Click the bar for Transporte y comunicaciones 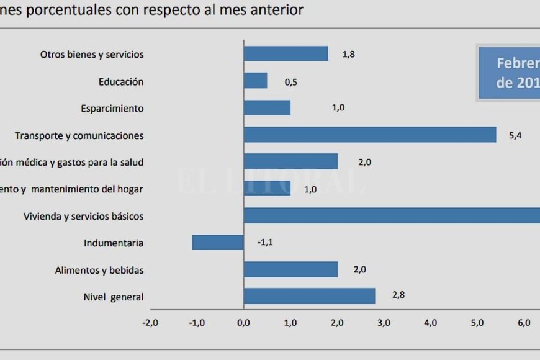pyautogui.click(x=369, y=135)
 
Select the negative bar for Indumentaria pyautogui.click(x=217, y=242)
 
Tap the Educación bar pyautogui.click(x=255, y=81)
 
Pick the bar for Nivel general pyautogui.click(x=308, y=296)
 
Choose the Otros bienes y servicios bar pyautogui.click(x=286, y=53)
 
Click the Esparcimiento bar pyautogui.click(x=267, y=107)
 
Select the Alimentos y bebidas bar pyautogui.click(x=290, y=269)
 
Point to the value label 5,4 pyautogui.click(x=515, y=135)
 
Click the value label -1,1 pyautogui.click(x=265, y=242)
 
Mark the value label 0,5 pyautogui.click(x=290, y=81)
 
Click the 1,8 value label pyautogui.click(x=348, y=54)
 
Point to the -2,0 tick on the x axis pyautogui.click(x=150, y=322)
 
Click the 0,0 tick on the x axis pyautogui.click(x=243, y=322)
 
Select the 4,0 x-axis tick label pyautogui.click(x=430, y=322)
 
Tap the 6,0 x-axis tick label pyautogui.click(x=524, y=322)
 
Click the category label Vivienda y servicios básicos pyautogui.click(x=83, y=217)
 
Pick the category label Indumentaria pyautogui.click(x=114, y=243)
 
